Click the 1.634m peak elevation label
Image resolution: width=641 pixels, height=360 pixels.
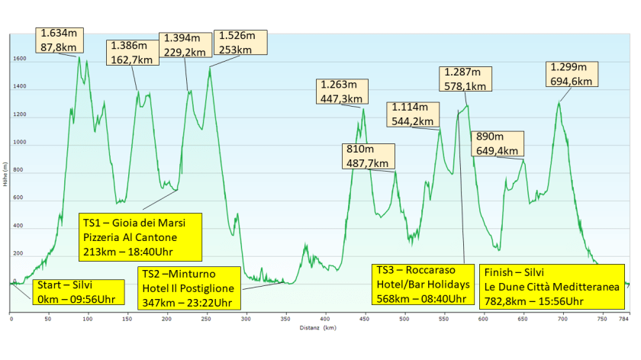tap(60, 40)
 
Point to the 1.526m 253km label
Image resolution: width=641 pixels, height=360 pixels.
tap(240, 43)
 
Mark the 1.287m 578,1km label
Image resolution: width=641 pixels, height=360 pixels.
tap(467, 79)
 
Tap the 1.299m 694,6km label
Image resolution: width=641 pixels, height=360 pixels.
tap(572, 74)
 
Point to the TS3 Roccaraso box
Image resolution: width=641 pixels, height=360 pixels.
tap(419, 284)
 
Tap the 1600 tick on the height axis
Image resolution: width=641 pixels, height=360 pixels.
tap(20, 59)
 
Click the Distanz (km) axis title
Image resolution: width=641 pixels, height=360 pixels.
tap(317, 329)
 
